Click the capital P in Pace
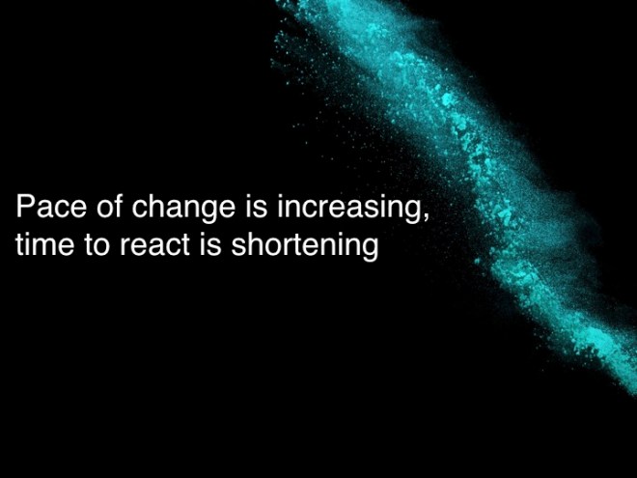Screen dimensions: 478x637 pos(24,208)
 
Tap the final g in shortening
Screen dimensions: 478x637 pos(368,249)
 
